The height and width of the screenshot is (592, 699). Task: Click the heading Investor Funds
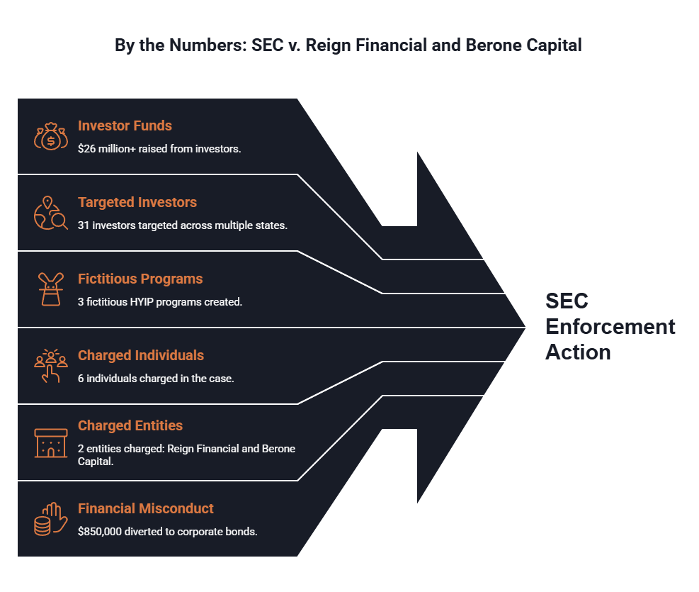125,125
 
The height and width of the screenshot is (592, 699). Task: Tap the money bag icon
51,136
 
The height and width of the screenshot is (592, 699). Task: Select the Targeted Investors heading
137,203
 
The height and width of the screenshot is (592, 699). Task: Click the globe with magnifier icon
51,213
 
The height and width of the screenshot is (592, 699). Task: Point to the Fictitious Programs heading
140,279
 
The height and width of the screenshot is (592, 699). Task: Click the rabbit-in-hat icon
51,289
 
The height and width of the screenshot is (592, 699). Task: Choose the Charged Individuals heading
141,356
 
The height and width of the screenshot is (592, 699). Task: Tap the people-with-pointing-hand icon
51,366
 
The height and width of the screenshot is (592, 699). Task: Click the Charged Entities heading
130,425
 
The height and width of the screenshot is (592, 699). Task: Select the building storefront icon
51,443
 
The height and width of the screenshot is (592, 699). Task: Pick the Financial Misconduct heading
146,508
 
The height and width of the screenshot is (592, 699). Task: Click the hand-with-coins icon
51,519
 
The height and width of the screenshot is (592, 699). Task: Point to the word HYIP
142,302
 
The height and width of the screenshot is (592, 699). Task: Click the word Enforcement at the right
610,327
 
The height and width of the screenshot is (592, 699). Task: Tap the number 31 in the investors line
84,225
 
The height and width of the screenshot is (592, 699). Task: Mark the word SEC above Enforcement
567,301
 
